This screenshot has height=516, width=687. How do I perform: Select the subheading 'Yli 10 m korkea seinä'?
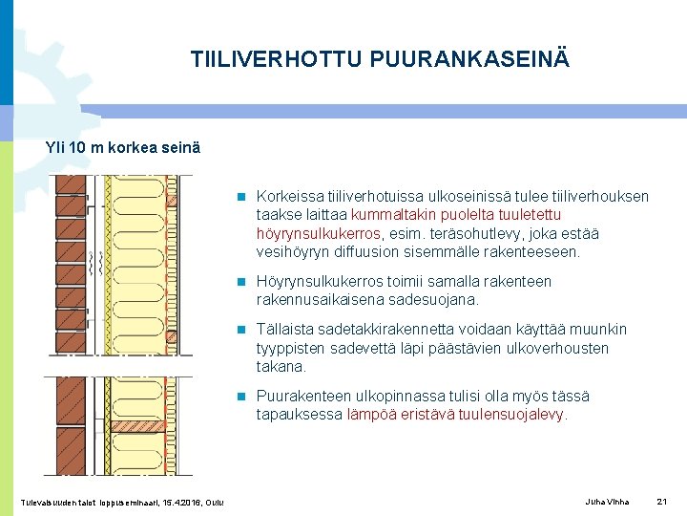[123, 148]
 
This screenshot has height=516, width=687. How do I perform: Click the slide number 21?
[663, 502]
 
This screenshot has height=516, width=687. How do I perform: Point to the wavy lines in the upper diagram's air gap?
[93, 259]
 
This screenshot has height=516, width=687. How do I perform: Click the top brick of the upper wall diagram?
[69, 183]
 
